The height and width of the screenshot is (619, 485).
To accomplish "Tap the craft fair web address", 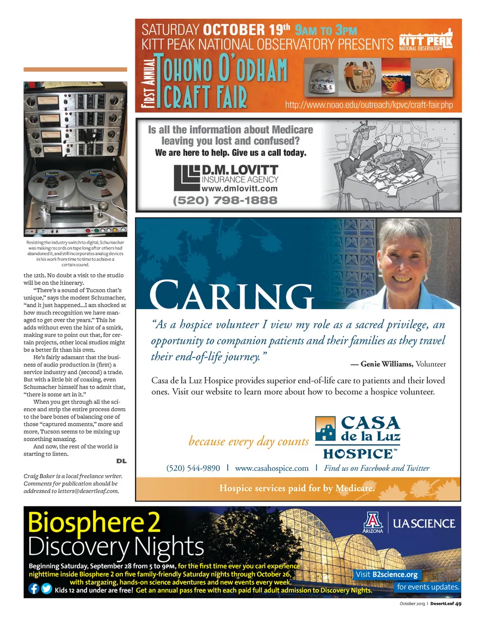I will (368, 106).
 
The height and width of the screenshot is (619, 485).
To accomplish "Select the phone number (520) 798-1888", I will (225, 200).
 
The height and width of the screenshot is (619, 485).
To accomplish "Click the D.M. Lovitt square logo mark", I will (186, 177).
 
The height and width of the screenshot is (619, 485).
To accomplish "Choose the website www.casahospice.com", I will (271, 468).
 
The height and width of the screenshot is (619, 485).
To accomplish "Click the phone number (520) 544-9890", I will (193, 468).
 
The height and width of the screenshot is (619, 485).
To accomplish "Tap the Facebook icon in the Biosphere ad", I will (34, 589).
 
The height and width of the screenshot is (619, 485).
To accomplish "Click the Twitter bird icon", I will (46, 589).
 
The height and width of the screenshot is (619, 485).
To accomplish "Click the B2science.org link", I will (395, 575).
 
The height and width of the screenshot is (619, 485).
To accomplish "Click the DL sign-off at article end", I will (121, 461).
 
